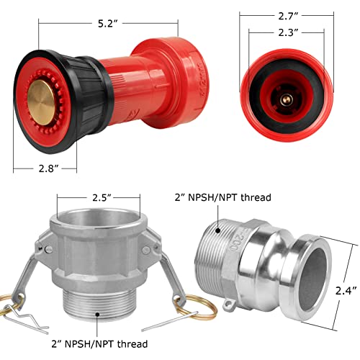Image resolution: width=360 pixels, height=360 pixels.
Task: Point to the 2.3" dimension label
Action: [x=288, y=32]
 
